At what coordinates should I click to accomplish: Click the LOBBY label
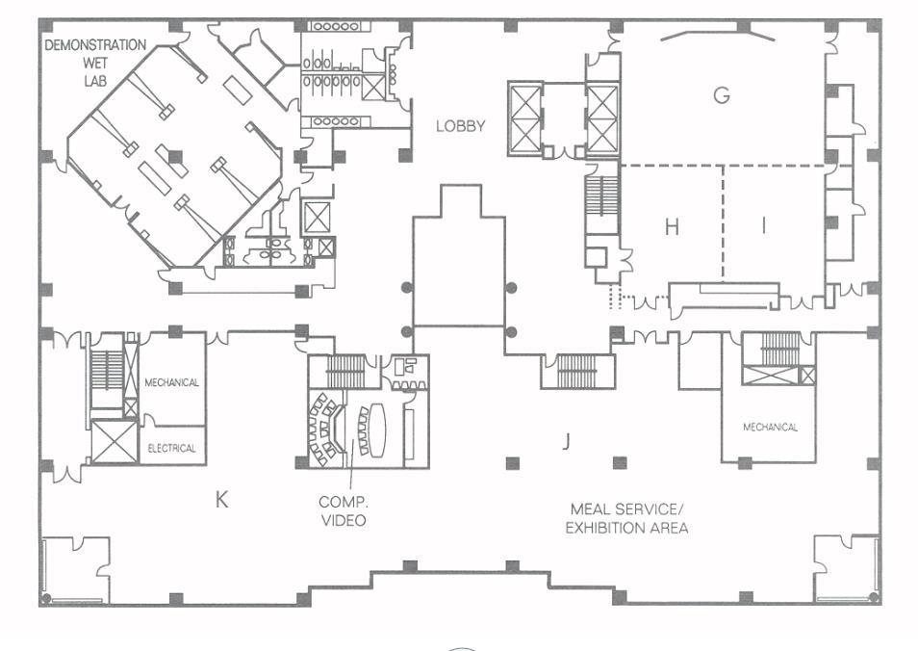coord(460,126)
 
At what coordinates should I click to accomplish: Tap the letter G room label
coord(721,94)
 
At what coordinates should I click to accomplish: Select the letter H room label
coord(672,227)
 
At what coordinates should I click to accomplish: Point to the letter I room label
coord(765,226)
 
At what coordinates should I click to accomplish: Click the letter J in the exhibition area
coord(567,442)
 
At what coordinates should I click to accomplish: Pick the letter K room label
coord(221,499)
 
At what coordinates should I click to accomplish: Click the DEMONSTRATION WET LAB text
coord(95,60)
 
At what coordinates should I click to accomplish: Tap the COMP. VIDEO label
coord(343,511)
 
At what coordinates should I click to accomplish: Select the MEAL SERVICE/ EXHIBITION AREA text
coord(626,518)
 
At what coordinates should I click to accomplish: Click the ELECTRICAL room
coord(172,448)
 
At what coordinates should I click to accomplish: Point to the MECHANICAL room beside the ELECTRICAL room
coord(172,382)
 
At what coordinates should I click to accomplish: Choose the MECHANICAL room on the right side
coord(770,427)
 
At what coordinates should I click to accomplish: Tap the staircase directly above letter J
coord(576,371)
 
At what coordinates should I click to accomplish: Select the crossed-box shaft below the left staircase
coord(109,442)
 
